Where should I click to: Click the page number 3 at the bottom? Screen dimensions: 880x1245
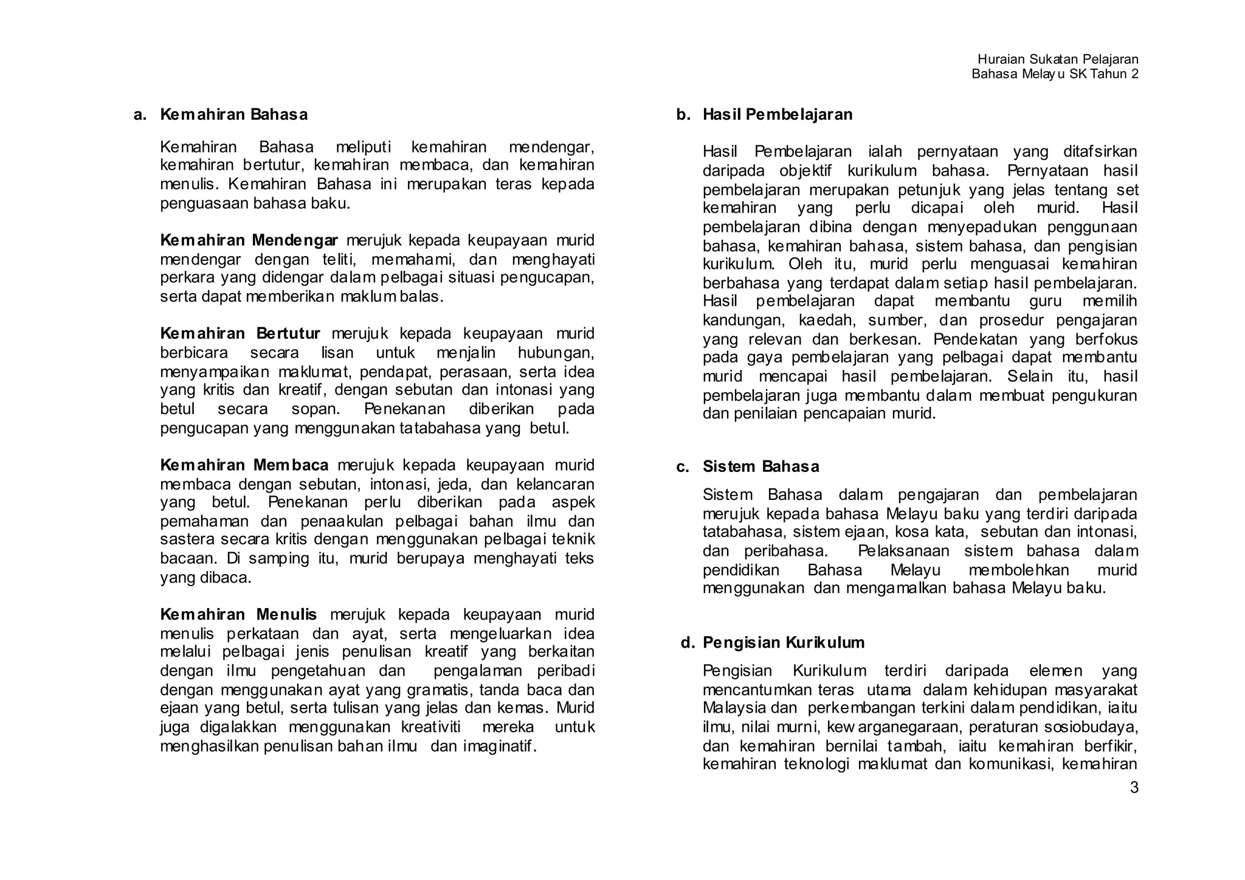point(1134,788)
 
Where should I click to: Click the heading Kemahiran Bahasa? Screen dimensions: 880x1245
point(233,114)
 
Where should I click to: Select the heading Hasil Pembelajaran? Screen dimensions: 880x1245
point(778,114)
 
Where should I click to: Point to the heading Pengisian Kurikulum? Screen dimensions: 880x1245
point(784,642)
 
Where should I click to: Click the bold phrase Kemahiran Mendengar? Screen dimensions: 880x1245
point(249,240)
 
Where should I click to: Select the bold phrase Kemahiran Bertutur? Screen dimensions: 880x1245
point(240,334)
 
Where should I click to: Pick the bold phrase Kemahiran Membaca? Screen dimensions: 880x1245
point(244,465)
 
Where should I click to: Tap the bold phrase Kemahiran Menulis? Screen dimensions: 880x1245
point(238,614)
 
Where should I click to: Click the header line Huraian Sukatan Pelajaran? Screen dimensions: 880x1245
point(1058,60)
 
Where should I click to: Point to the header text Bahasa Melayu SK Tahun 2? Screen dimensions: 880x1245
point(1055,74)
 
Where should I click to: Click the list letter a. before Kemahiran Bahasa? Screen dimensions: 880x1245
point(140,114)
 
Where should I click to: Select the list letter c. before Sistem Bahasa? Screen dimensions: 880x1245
point(683,466)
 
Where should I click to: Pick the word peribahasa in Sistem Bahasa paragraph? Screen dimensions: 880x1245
point(785,552)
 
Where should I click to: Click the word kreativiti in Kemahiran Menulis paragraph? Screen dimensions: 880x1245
point(430,727)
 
